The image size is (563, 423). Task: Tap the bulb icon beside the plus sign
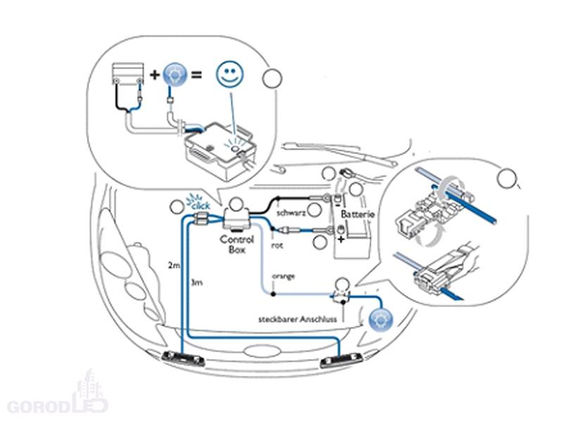[x=174, y=75]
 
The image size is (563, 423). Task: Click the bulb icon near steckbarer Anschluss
[x=379, y=319]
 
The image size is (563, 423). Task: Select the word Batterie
[x=358, y=213]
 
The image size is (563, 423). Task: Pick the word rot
[x=278, y=245]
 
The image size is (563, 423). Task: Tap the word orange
[x=284, y=276]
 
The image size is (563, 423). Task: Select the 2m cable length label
[x=174, y=266]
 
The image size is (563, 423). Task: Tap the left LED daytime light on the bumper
[x=184, y=360]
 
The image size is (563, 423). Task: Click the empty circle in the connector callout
[x=505, y=178]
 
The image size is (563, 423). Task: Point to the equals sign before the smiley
[x=201, y=75]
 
